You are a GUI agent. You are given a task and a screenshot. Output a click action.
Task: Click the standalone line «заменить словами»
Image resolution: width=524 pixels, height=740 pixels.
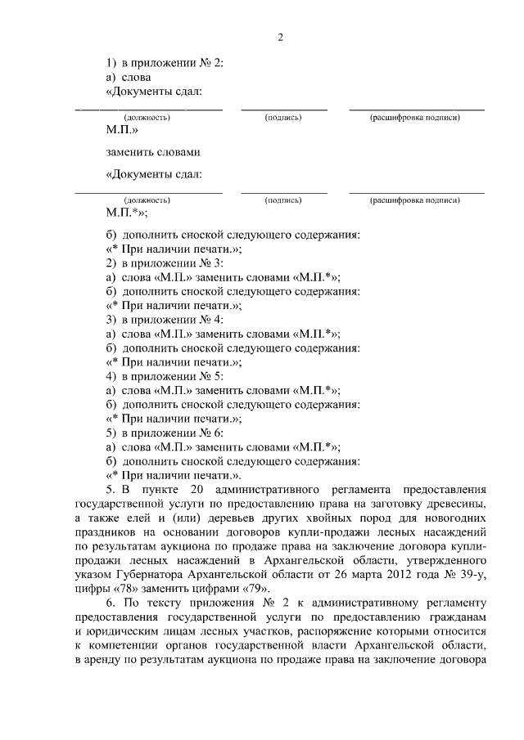(153, 152)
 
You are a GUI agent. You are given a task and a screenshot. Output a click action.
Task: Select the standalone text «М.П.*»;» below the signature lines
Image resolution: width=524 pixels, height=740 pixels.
(127, 213)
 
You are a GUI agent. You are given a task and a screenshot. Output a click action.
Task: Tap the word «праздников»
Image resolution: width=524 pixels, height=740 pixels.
(107, 531)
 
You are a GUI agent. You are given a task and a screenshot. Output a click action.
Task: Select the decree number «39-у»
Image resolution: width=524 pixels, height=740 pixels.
(472, 574)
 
